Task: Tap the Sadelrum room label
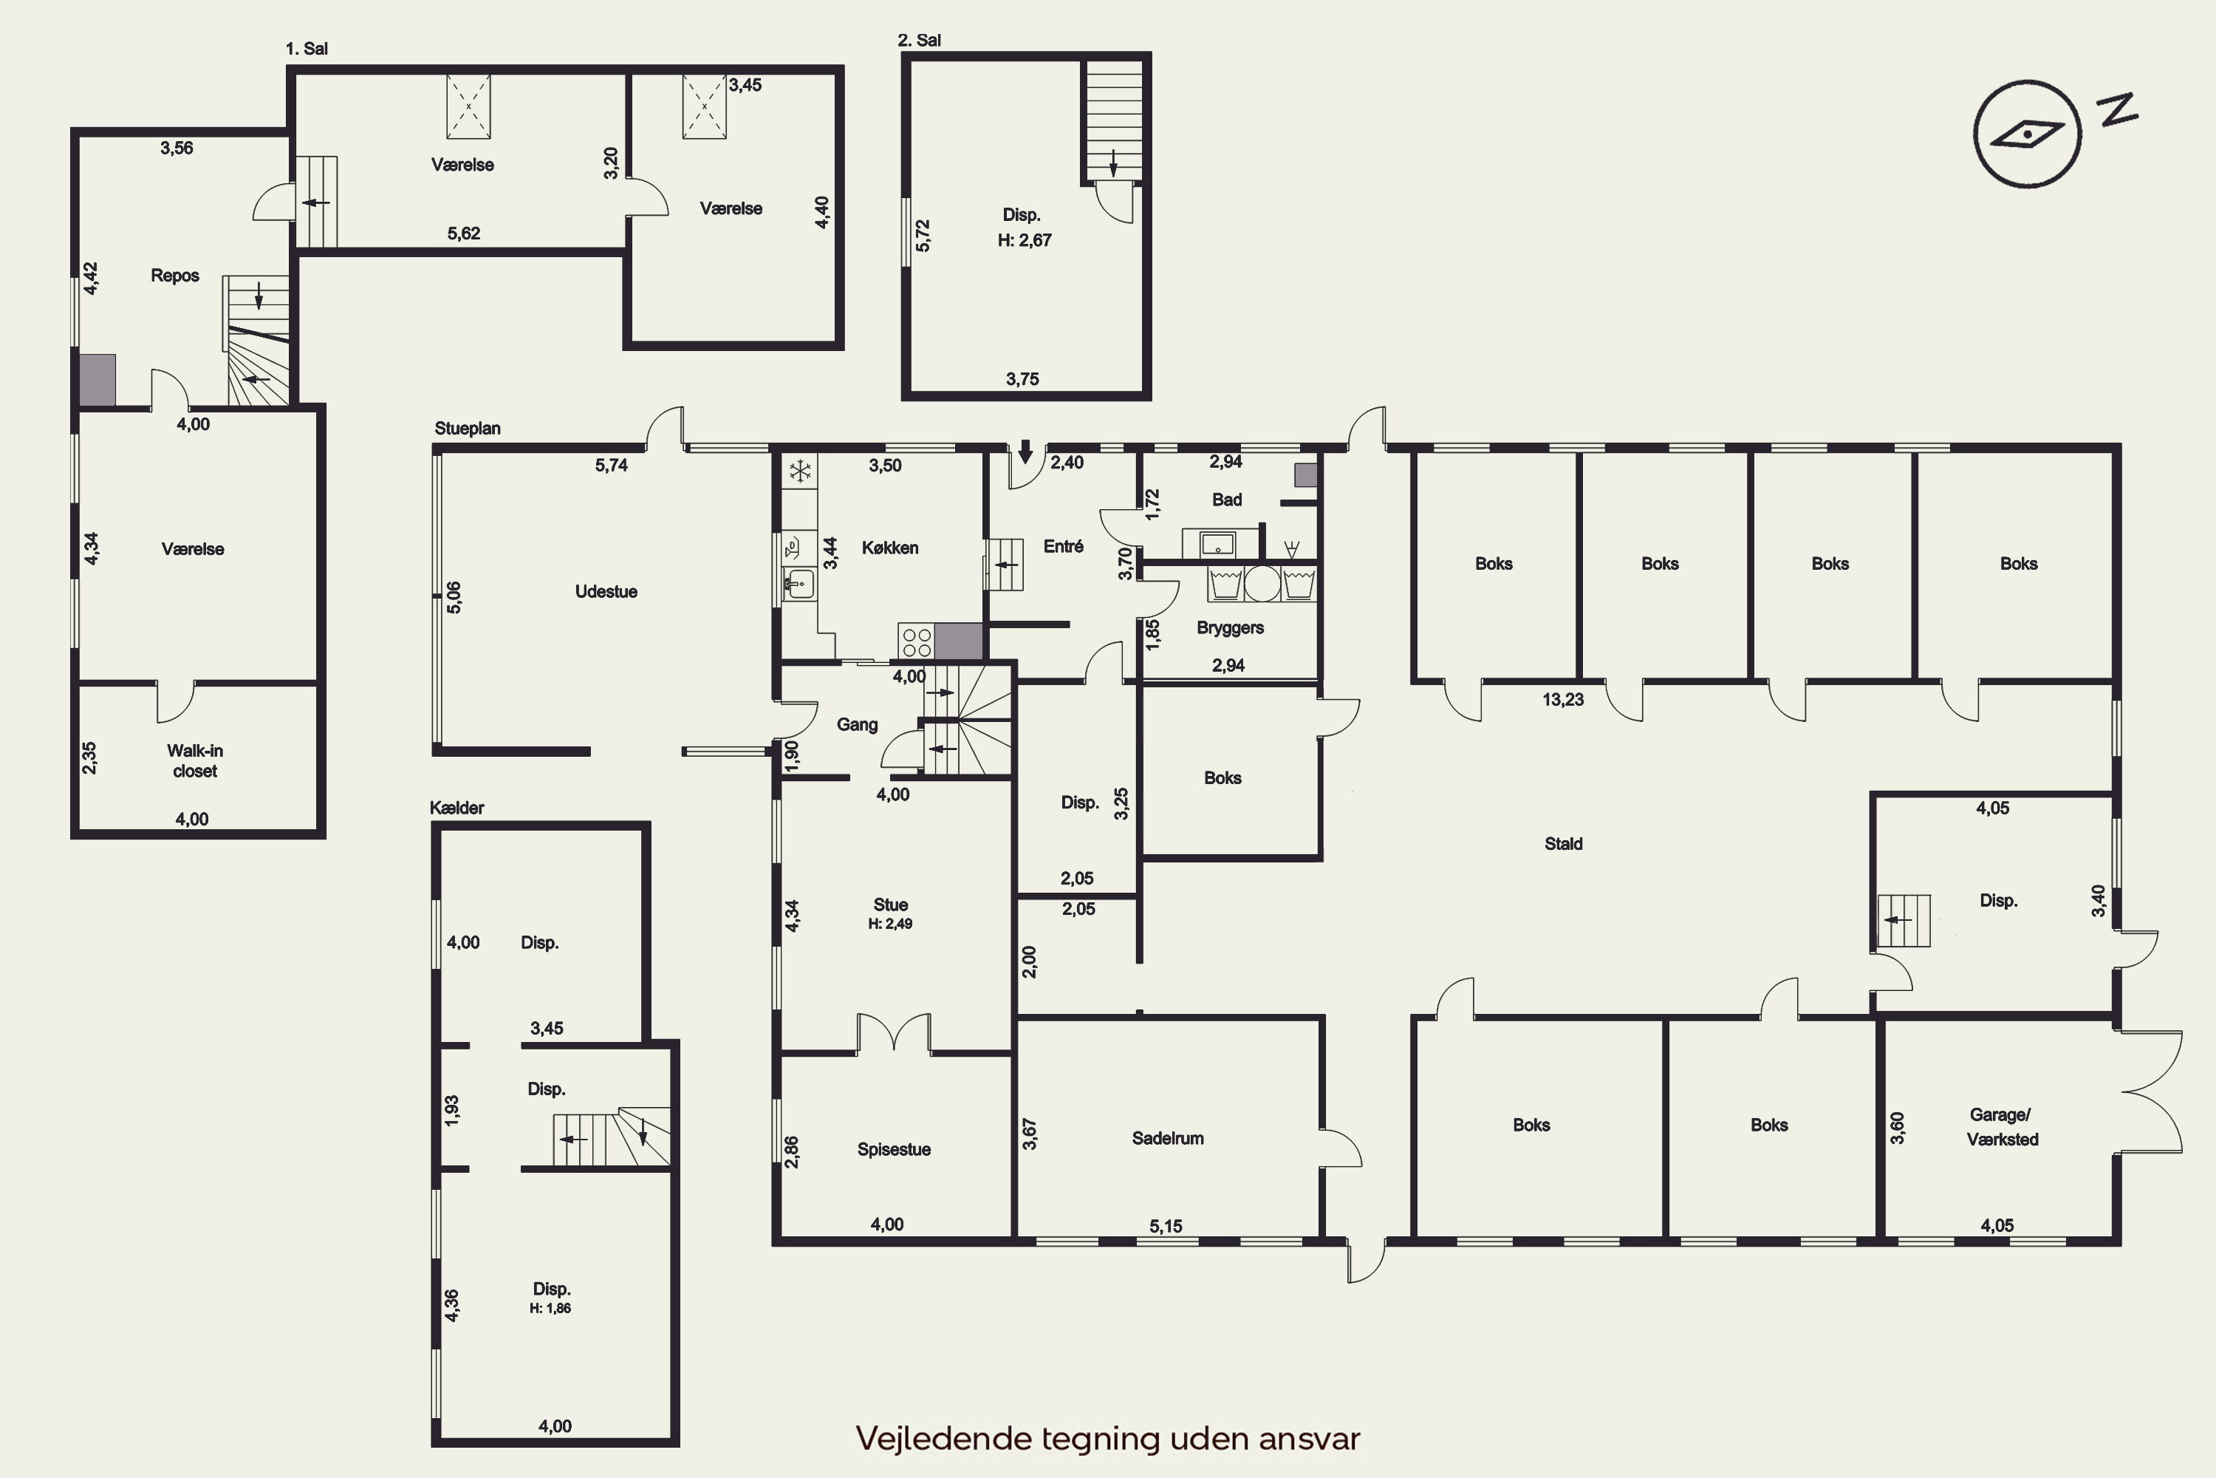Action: click(1167, 1138)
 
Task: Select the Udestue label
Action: click(606, 591)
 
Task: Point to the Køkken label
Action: click(889, 548)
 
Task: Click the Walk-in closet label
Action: click(195, 760)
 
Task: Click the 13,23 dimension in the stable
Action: click(1563, 699)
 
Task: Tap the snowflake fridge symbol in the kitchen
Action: click(800, 470)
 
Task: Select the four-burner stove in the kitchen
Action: click(916, 642)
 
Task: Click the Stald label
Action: click(1563, 844)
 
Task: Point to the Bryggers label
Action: click(1230, 627)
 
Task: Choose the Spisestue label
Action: click(893, 1149)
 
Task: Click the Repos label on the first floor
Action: click(174, 275)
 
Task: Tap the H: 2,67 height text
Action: click(1024, 240)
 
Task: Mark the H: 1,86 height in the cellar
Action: click(550, 1307)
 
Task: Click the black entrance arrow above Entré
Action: click(1025, 452)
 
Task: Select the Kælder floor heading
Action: click(457, 808)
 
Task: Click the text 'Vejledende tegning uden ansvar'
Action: click(1108, 1438)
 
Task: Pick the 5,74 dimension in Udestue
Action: click(611, 465)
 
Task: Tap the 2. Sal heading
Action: click(919, 40)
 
